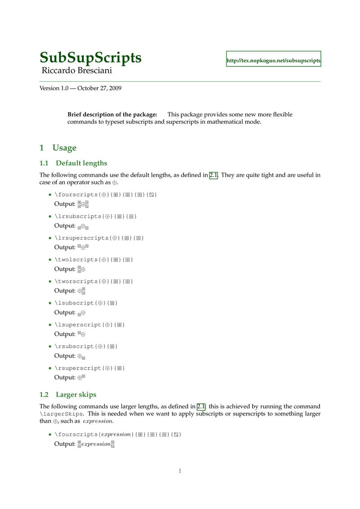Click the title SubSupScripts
click(90, 58)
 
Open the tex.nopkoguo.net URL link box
click(274, 59)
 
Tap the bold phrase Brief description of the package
click(112, 114)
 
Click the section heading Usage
click(64, 148)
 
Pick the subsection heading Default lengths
click(81, 163)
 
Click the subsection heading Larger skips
click(76, 395)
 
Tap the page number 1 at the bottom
click(180, 471)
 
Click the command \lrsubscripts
click(78, 216)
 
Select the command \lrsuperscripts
click(81, 238)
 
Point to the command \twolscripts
click(76, 259)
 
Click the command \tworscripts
click(76, 281)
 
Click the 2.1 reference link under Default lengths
click(214, 175)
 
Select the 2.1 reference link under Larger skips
click(201, 406)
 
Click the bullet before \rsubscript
click(50, 347)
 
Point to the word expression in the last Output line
click(96, 444)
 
